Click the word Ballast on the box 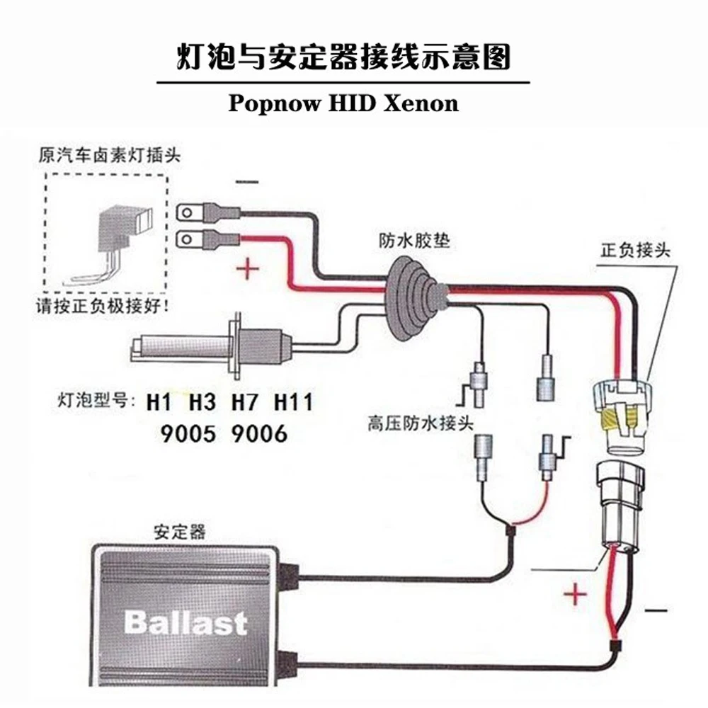click(x=185, y=623)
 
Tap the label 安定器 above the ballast click(x=180, y=532)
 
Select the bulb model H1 click(x=159, y=402)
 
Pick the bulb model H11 click(x=294, y=402)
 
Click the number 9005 click(x=188, y=434)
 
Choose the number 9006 click(x=259, y=434)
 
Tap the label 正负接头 click(x=635, y=250)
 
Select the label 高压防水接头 click(x=421, y=423)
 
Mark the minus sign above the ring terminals click(x=247, y=182)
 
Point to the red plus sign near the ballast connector click(x=575, y=594)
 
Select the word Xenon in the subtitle click(x=421, y=103)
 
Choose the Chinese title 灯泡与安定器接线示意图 click(x=343, y=57)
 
